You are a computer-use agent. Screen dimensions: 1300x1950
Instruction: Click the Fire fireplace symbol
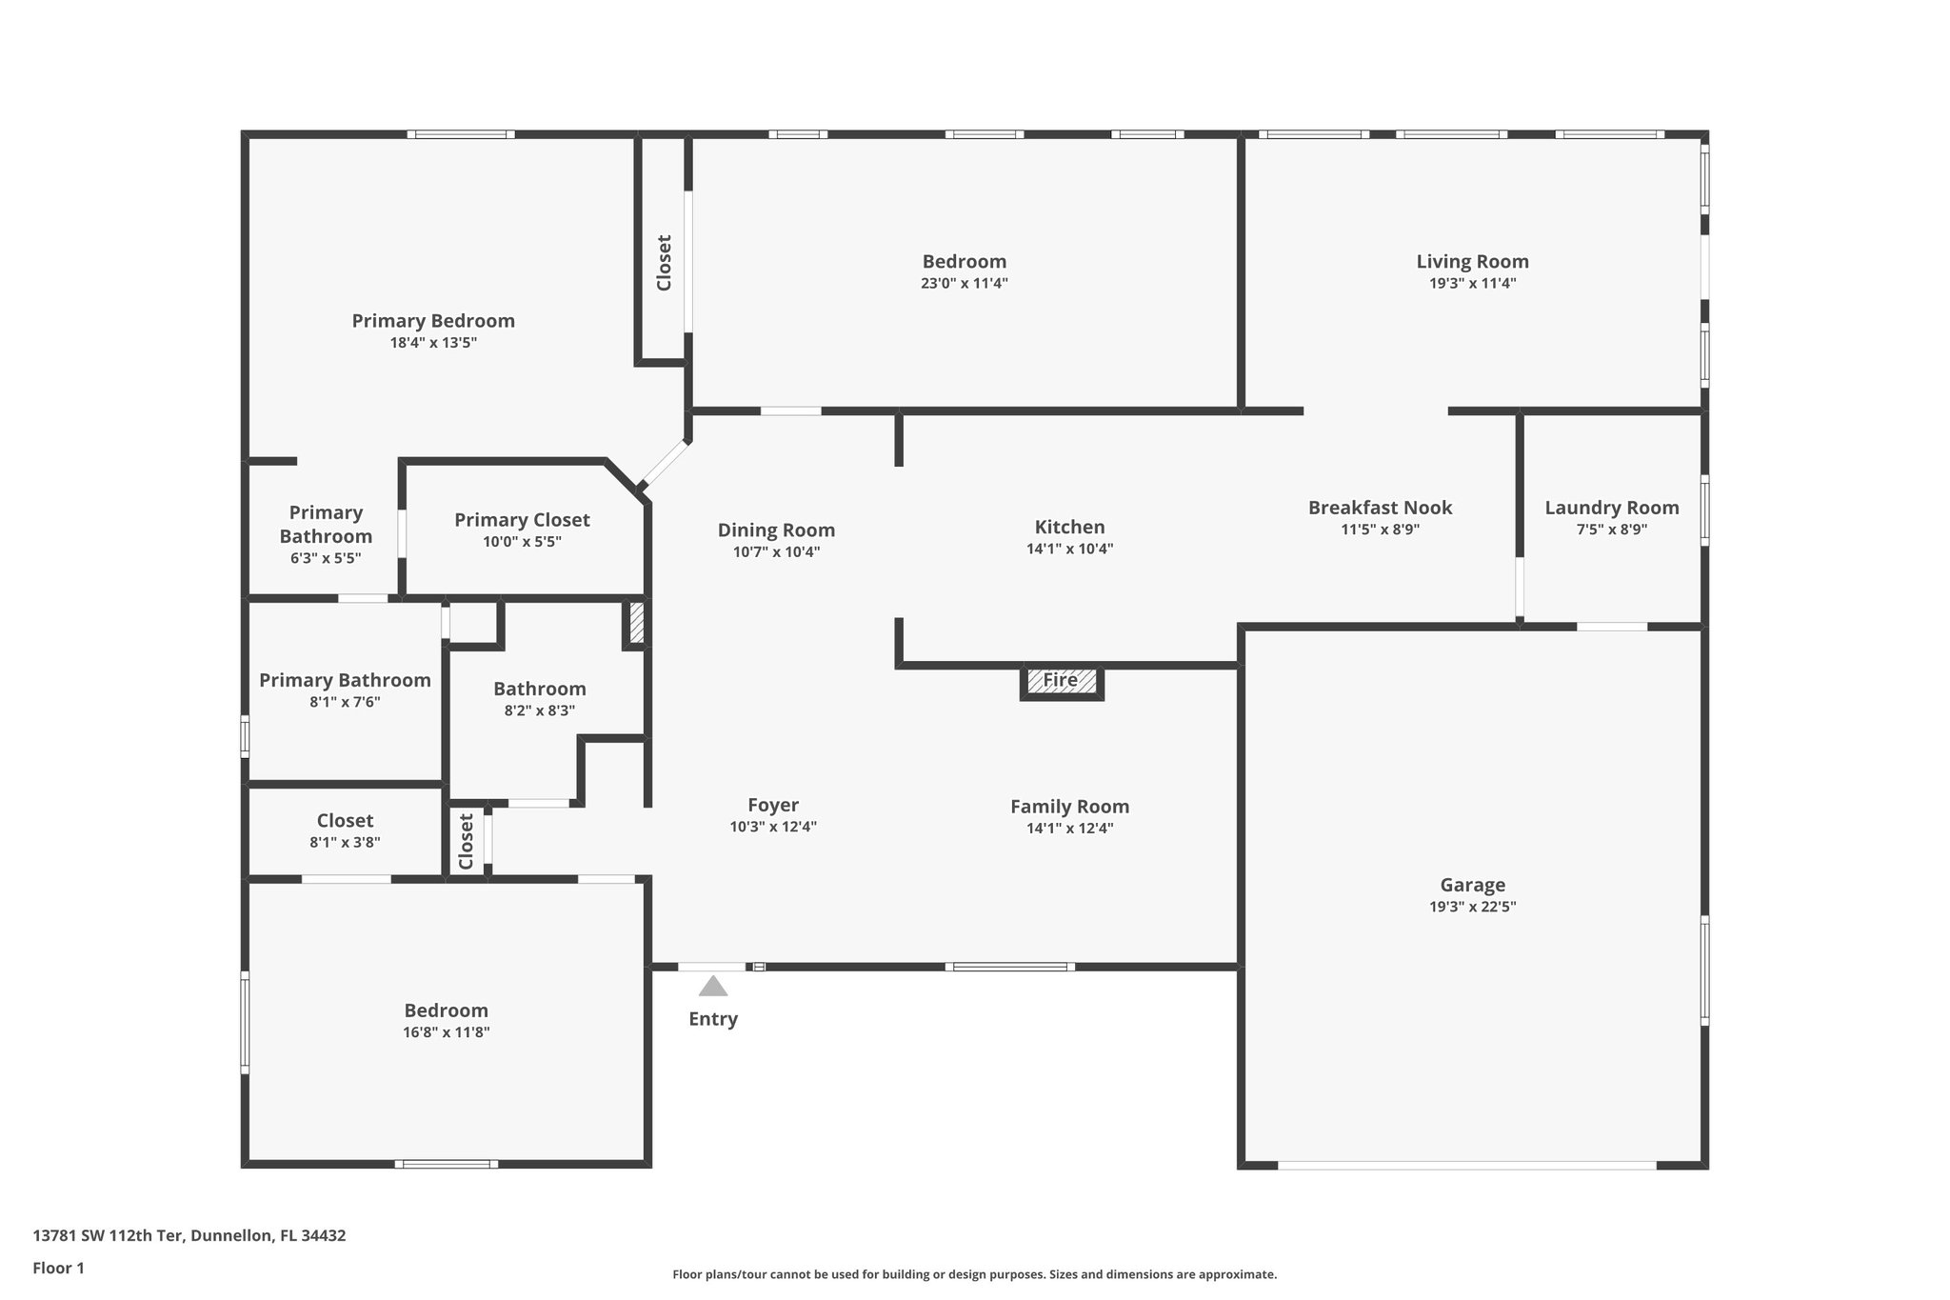pyautogui.click(x=1061, y=681)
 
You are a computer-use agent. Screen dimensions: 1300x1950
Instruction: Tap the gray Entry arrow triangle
pyautogui.click(x=712, y=987)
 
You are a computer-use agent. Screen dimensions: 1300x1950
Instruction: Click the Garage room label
pyautogui.click(x=1472, y=886)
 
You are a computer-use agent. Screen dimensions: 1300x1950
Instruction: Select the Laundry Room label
pyautogui.click(x=1611, y=509)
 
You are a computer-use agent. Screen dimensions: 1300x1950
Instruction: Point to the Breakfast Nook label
pyautogui.click(x=1380, y=509)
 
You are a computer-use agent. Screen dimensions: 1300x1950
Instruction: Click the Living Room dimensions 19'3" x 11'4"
pyautogui.click(x=1472, y=284)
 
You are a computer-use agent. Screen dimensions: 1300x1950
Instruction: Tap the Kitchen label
pyautogui.click(x=1069, y=528)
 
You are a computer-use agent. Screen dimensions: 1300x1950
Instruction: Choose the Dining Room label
pyautogui.click(x=776, y=530)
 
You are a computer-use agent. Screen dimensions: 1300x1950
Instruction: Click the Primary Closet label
pyautogui.click(x=522, y=520)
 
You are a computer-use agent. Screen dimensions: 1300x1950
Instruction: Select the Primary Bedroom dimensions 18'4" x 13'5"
pyautogui.click(x=433, y=343)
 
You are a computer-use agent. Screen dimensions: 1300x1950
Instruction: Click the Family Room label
pyautogui.click(x=1069, y=807)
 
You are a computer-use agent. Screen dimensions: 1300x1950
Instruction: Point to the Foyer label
pyautogui.click(x=772, y=806)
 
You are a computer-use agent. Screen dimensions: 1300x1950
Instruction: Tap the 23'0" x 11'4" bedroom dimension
pyautogui.click(x=964, y=284)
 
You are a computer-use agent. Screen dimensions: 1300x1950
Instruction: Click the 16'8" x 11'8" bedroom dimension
pyautogui.click(x=446, y=1032)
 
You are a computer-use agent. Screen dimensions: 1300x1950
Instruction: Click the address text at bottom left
pyautogui.click(x=189, y=1235)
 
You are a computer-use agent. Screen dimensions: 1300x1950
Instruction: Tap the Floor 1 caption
pyautogui.click(x=59, y=1268)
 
